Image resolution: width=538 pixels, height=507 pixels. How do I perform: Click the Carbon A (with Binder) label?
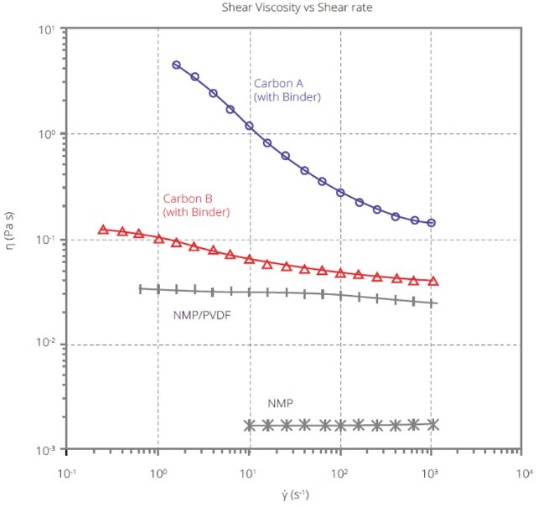click(x=287, y=91)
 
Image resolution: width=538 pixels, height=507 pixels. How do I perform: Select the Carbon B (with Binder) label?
click(x=196, y=205)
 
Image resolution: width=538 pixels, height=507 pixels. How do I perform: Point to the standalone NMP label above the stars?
click(x=280, y=404)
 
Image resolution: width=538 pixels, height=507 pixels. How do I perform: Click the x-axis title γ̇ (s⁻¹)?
click(x=293, y=494)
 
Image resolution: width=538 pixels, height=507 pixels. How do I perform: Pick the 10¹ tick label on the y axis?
click(x=48, y=29)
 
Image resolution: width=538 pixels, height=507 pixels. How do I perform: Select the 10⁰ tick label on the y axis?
click(x=48, y=134)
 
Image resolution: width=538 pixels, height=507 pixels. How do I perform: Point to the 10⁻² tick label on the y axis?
click(x=46, y=344)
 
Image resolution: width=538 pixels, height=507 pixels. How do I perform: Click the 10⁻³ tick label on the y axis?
click(x=46, y=450)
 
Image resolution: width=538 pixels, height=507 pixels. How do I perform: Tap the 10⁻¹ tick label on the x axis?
click(x=67, y=473)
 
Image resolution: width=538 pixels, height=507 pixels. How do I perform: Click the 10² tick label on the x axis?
click(x=340, y=473)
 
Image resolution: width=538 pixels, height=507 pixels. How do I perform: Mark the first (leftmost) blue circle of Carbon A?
click(x=177, y=65)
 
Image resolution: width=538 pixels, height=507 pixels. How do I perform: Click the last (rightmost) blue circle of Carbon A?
click(x=432, y=223)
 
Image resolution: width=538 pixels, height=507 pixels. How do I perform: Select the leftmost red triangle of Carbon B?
click(x=103, y=229)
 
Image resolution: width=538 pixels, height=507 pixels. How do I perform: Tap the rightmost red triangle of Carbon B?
click(x=432, y=282)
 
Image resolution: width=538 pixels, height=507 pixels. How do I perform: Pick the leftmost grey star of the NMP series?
click(x=249, y=426)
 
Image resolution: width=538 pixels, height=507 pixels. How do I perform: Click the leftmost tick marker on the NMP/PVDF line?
click(x=140, y=288)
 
